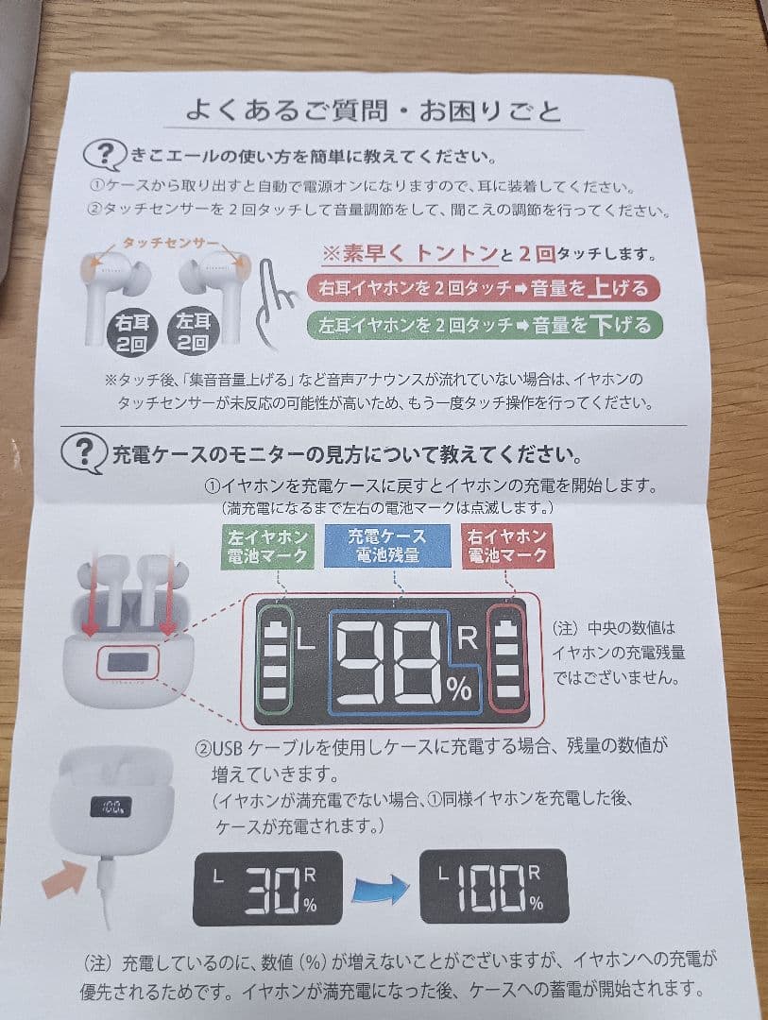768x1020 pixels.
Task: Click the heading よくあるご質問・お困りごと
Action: (373, 111)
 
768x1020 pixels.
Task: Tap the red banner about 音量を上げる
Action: (484, 287)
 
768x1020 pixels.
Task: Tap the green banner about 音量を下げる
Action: (485, 326)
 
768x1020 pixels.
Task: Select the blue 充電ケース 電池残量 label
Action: (386, 546)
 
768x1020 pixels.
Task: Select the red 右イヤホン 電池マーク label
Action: (507, 546)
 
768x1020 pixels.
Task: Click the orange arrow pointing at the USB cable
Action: (65, 881)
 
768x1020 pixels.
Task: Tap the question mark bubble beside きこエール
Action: (106, 154)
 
